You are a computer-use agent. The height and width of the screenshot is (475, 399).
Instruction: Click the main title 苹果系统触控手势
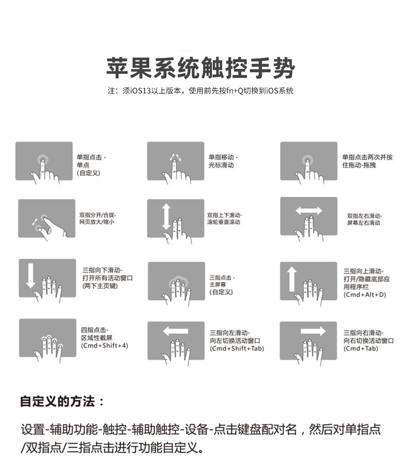(x=200, y=67)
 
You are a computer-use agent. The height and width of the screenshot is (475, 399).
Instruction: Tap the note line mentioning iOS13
(x=200, y=90)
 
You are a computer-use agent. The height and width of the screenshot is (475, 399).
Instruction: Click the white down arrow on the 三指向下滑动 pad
(x=30, y=276)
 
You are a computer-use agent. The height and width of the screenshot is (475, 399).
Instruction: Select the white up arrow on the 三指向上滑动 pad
(x=292, y=279)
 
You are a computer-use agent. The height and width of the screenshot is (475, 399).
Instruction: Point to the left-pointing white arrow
(x=176, y=331)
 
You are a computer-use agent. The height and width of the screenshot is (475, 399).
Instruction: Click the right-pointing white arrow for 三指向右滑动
(x=313, y=331)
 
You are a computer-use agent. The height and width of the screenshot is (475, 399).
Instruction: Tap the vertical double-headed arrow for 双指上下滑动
(x=166, y=216)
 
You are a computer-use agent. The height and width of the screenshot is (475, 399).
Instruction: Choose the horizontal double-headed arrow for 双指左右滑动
(x=309, y=211)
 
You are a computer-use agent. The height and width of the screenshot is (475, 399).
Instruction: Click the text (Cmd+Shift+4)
(x=104, y=346)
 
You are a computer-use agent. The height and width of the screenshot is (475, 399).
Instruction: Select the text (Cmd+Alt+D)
(x=365, y=295)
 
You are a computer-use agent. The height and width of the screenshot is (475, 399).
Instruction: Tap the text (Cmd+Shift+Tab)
(x=237, y=348)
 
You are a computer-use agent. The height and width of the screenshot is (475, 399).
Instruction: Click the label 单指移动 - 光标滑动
(x=223, y=161)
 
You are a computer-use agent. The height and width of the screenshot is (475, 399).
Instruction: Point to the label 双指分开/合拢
(x=98, y=215)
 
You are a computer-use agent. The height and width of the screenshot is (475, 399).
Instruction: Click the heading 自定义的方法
(x=62, y=402)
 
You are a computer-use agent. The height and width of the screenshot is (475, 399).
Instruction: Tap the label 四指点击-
(x=95, y=330)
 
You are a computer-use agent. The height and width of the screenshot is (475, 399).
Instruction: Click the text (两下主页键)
(x=100, y=286)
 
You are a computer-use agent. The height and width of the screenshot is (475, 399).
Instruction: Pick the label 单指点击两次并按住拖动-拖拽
(x=367, y=161)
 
